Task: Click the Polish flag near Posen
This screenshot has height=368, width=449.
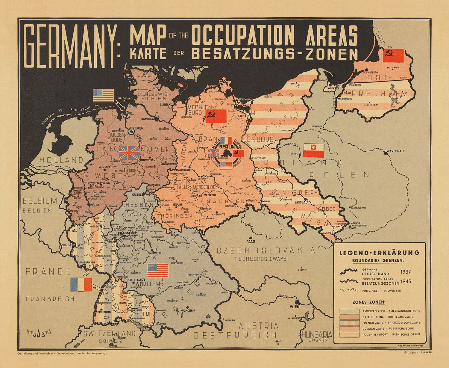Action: tap(314, 150)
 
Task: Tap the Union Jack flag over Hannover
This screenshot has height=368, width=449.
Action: tap(129, 153)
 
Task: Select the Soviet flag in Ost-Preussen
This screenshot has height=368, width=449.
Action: tap(393, 55)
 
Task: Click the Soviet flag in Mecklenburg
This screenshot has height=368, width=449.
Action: tap(216, 116)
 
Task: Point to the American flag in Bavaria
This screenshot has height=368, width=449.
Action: tap(158, 271)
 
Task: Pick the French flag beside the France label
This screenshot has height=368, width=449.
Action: tap(81, 284)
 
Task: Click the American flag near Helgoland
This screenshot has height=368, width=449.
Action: tap(103, 96)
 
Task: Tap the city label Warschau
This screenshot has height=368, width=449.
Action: tap(395, 151)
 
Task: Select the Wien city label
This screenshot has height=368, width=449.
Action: tap(294, 307)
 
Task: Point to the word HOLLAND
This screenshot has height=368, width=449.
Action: tap(61, 160)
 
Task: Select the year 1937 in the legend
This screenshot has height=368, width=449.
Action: tap(406, 272)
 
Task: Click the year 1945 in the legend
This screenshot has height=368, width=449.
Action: tap(406, 281)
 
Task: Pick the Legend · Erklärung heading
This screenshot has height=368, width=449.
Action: tap(379, 253)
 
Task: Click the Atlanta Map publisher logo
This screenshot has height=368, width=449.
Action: tap(39, 333)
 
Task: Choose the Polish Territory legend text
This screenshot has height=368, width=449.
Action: tap(391, 334)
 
